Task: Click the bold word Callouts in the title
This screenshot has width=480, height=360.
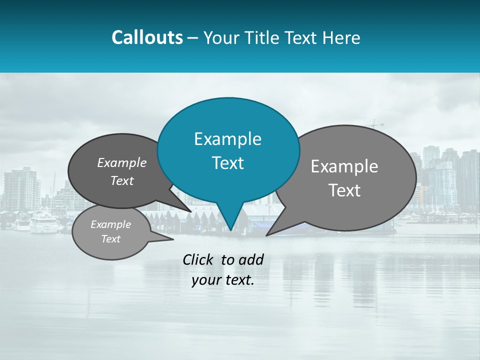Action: coord(147,38)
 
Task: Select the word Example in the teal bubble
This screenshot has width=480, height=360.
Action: coord(227,139)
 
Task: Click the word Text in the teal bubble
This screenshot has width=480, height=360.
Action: coord(227,163)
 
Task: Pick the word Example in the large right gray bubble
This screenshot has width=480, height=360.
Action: coord(344,166)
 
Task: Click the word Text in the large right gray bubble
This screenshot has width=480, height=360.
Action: coord(344,190)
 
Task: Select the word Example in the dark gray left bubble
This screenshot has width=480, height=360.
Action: coord(122,163)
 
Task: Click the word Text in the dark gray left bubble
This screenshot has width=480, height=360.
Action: coord(122,181)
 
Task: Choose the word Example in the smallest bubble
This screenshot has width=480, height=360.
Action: coord(111,224)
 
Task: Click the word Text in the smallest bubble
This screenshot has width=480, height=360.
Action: coord(111,239)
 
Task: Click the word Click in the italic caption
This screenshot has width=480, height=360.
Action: coord(199,259)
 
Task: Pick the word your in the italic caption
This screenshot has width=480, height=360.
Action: coord(205,280)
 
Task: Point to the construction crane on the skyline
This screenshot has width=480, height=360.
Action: coord(375,124)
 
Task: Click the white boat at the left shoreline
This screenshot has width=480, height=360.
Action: coord(43,222)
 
